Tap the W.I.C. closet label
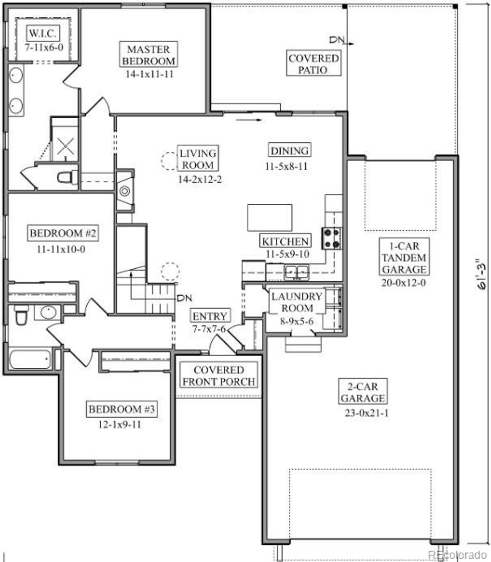coord(43,33)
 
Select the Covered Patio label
coord(313,64)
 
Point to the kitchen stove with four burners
coord(331,238)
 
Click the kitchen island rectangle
coord(269,217)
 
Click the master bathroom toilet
coord(67,177)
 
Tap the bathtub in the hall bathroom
coord(30,360)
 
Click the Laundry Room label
coord(297,302)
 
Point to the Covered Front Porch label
coord(219,375)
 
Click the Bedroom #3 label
coord(121,409)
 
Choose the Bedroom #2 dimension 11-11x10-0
coord(61,250)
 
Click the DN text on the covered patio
coord(337,40)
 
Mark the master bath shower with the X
coord(66,146)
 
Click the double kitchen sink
coord(297,271)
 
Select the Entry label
coord(210,316)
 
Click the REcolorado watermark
coord(457,554)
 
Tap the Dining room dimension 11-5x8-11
coord(286,167)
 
